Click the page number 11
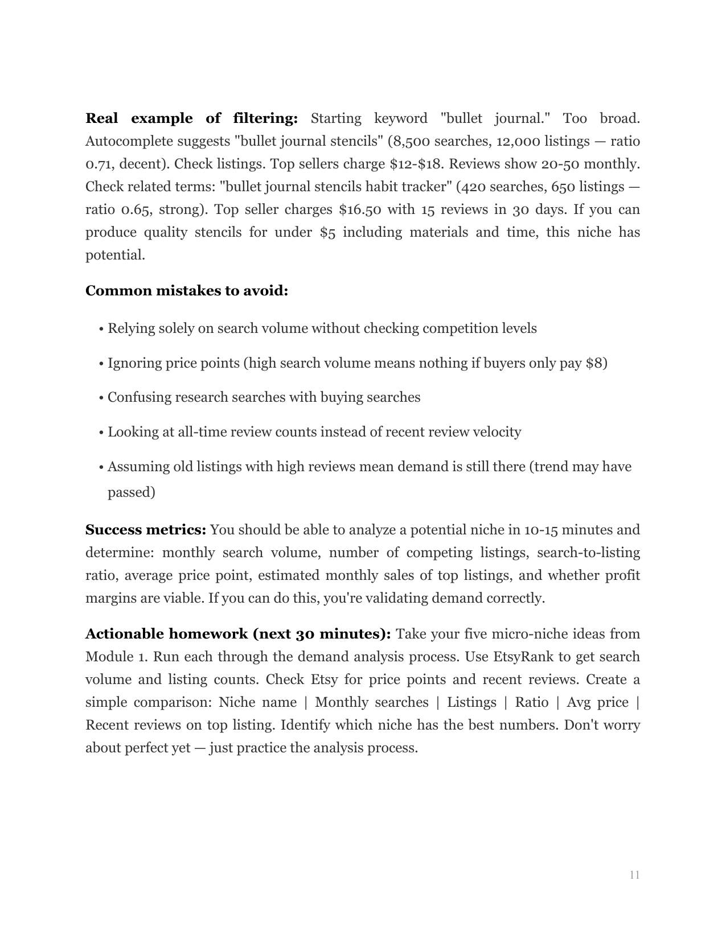(x=634, y=875)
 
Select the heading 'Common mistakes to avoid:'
(x=187, y=291)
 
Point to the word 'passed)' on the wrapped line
(x=132, y=492)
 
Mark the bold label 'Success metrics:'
(x=146, y=530)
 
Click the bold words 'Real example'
(x=139, y=118)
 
